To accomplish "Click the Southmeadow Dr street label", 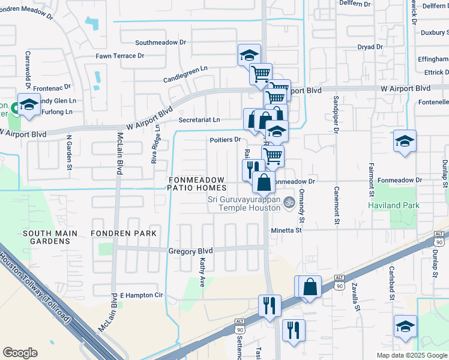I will (x=161, y=43).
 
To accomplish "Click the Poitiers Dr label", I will (x=225, y=139).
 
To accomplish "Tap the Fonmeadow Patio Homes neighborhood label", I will (x=196, y=184).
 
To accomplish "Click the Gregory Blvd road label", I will (x=191, y=251).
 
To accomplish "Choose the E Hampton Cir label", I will (x=142, y=295).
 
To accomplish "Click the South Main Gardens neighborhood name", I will (x=46, y=237).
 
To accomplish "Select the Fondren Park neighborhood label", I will (x=124, y=233).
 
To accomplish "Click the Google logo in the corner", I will (x=20, y=353).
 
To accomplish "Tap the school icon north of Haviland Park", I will (x=405, y=142).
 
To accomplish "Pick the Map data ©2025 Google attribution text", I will (x=411, y=355).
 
